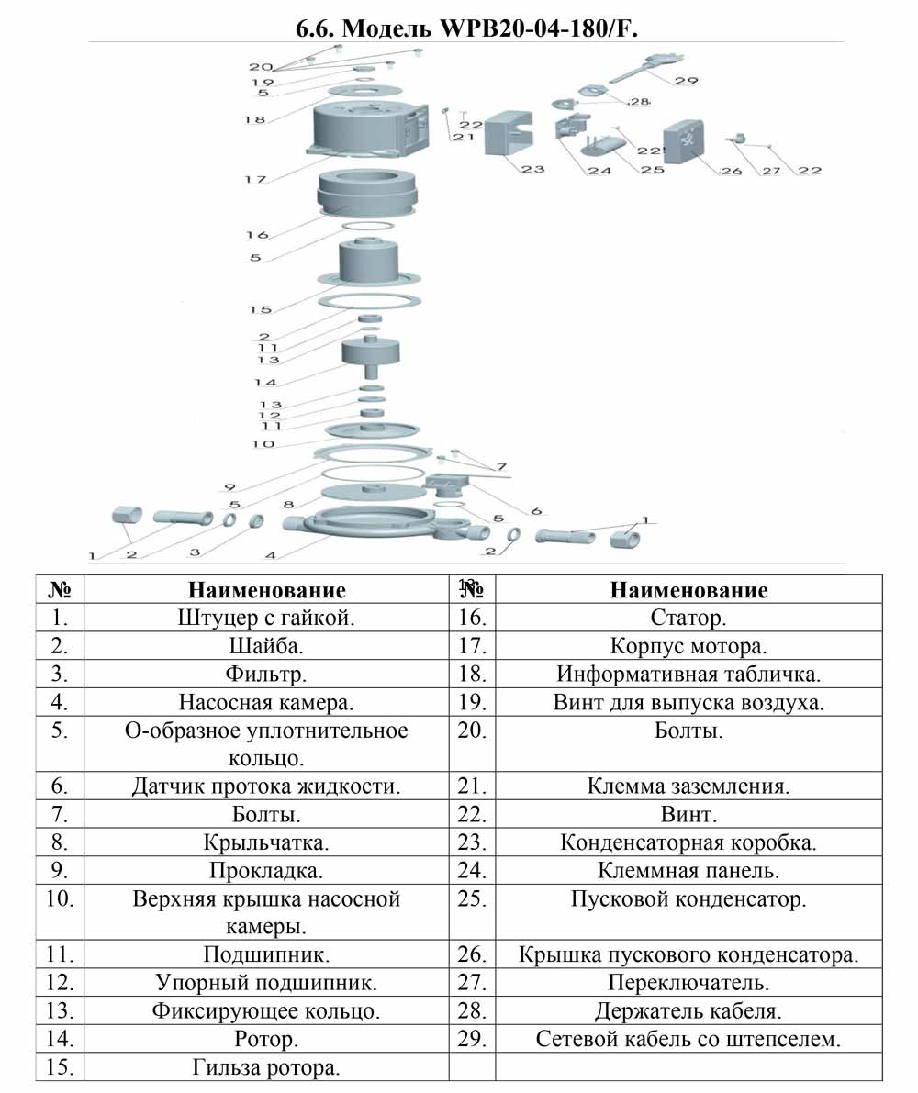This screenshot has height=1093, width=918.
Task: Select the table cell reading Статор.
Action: [688, 618]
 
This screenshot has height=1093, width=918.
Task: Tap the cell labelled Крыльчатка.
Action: [266, 842]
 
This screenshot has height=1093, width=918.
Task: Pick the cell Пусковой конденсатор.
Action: [688, 898]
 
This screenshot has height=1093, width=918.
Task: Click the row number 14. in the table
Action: [60, 1039]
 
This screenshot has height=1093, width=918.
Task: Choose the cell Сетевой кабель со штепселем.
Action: [688, 1039]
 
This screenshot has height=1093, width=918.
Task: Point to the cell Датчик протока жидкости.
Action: [266, 786]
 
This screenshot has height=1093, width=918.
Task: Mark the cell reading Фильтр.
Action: [266, 675]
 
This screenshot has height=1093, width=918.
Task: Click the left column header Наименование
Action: [267, 590]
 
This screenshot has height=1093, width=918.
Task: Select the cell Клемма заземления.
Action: [688, 786]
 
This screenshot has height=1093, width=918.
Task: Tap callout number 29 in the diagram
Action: [686, 81]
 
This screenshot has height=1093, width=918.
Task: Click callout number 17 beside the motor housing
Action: [255, 179]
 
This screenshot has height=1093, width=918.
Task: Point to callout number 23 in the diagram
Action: [532, 169]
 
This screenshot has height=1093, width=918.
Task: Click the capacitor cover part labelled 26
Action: [684, 143]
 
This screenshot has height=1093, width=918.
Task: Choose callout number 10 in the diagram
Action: [263, 443]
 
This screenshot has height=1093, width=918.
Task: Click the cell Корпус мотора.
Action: [688, 646]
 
